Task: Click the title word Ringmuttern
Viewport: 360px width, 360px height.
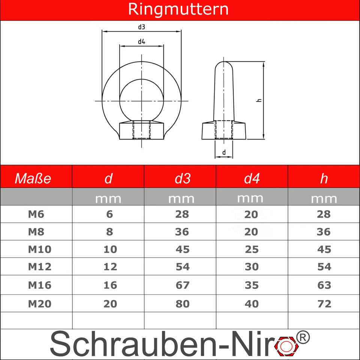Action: tap(178, 9)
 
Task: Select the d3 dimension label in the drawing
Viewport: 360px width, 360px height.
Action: tap(141, 27)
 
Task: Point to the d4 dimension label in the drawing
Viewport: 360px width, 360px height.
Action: tap(141, 42)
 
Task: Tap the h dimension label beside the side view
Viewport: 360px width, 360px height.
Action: tap(259, 100)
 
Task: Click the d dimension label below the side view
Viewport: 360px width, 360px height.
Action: tap(224, 152)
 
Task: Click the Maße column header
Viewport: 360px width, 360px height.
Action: tap(33, 178)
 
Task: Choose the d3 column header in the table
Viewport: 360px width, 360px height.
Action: tap(182, 178)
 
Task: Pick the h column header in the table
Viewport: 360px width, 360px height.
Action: tap(324, 178)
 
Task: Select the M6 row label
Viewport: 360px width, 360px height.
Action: tap(36, 214)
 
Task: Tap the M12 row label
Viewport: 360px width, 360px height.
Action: tap(39, 267)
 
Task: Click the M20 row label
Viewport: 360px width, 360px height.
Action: tap(39, 303)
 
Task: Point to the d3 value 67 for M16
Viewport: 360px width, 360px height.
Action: tap(182, 285)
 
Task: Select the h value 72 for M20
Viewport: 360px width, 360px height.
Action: tap(324, 303)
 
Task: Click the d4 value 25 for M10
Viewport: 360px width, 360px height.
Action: tap(251, 249)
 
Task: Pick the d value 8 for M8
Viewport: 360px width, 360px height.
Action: tap(109, 232)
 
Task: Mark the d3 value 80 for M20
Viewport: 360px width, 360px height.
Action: tap(182, 303)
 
